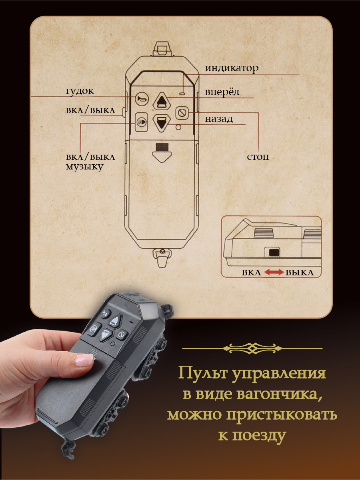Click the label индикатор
[232, 68]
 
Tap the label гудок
[80, 91]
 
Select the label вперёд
[222, 92]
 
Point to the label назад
[219, 119]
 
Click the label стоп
[258, 156]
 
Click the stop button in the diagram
[182, 113]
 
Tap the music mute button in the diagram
[141, 122]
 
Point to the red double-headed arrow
[273, 273]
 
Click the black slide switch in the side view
[274, 252]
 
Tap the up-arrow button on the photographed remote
[114, 320]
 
